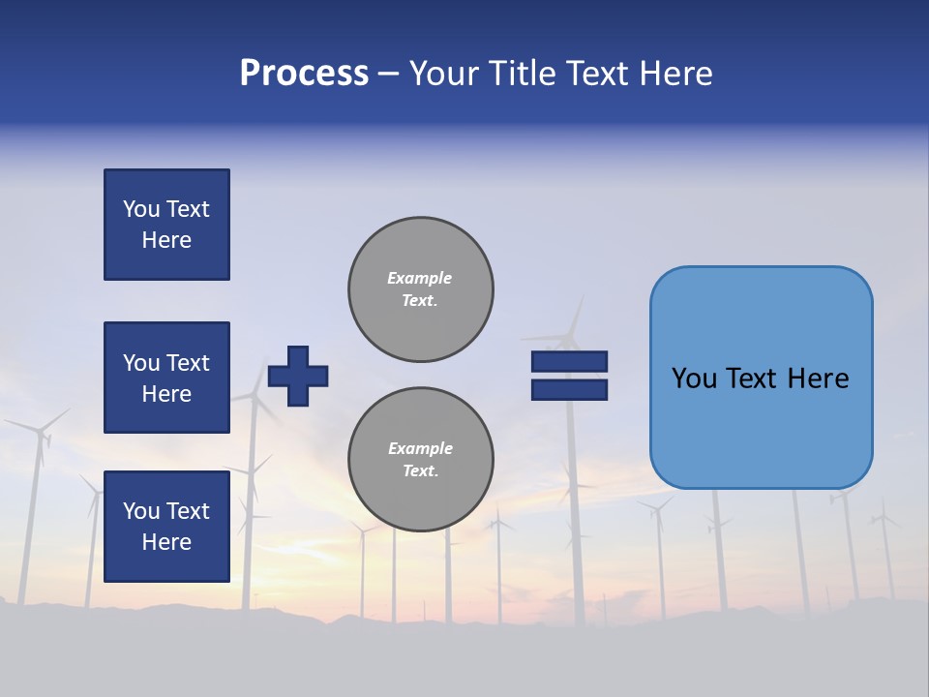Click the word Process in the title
(304, 74)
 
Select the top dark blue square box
(166, 225)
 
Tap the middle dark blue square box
(166, 378)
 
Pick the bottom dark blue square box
(166, 527)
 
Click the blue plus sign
(298, 376)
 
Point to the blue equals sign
(569, 376)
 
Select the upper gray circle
(421, 289)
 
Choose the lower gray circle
(421, 460)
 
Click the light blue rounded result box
(761, 378)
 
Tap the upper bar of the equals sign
(569, 361)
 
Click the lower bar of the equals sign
(569, 390)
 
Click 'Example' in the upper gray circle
(420, 278)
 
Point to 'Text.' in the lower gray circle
(420, 471)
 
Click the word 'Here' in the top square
(166, 240)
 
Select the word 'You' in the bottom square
(141, 511)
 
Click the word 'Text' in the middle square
(188, 363)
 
